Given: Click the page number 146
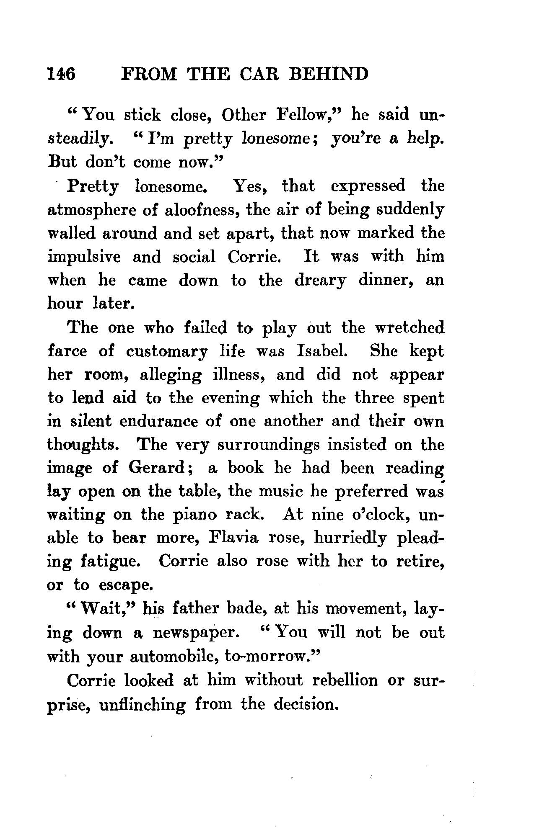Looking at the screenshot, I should click(x=62, y=74).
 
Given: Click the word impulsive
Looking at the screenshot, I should click(x=84, y=257).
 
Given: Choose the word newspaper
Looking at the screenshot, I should click(x=196, y=633).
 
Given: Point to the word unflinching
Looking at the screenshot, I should click(x=143, y=704).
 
